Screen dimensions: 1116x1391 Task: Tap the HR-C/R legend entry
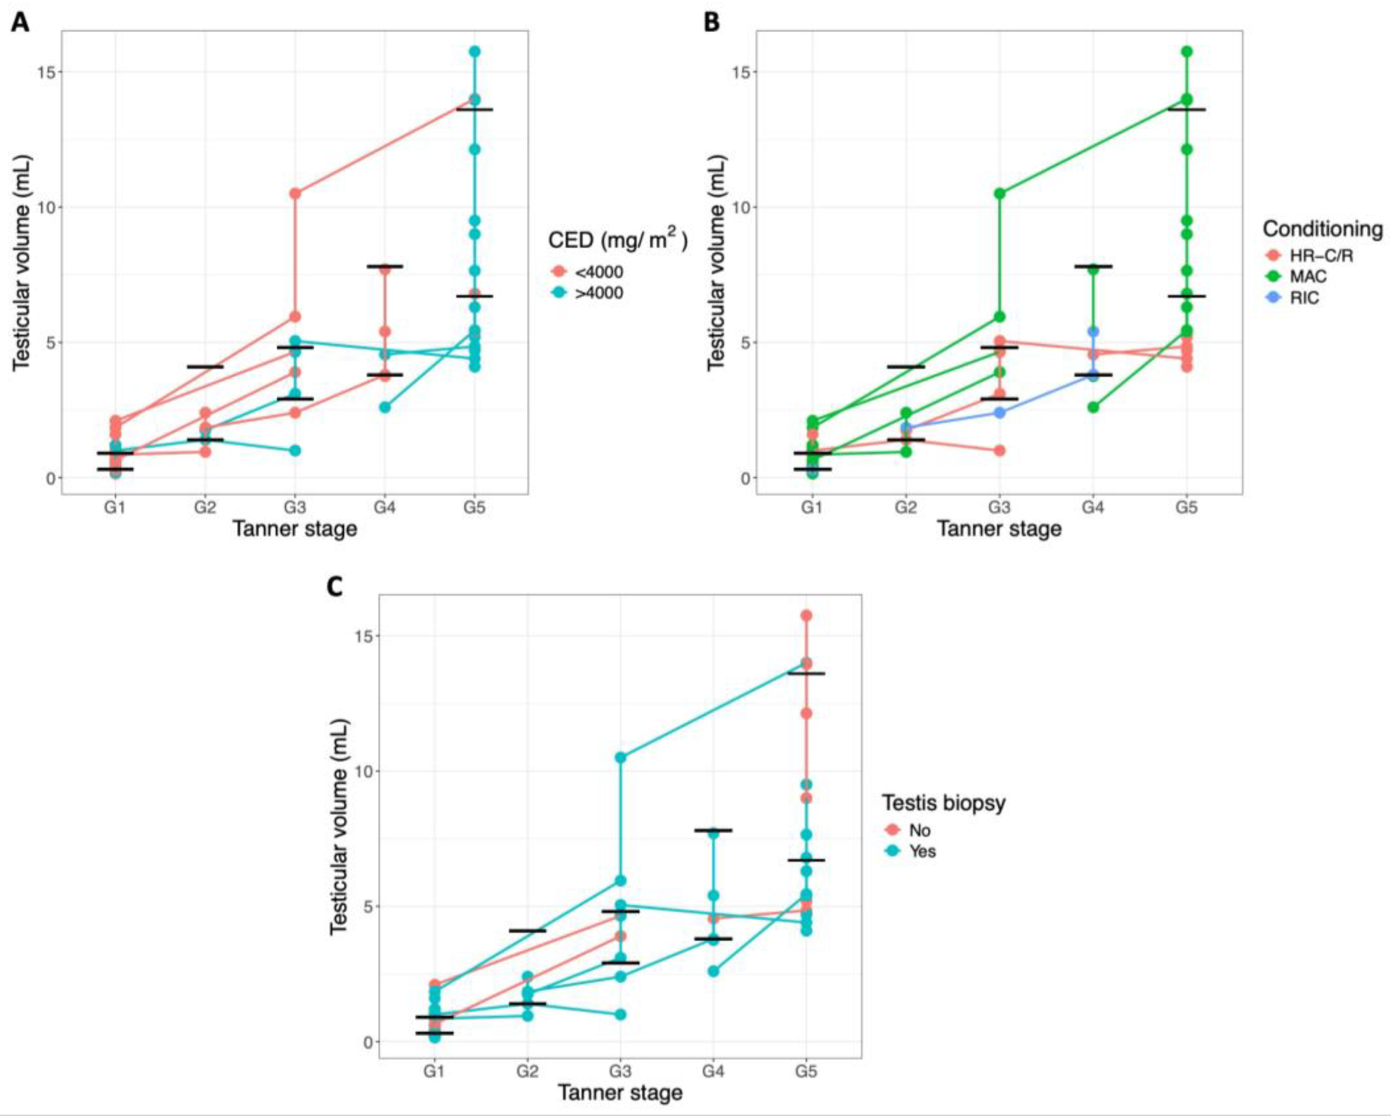tap(1303, 256)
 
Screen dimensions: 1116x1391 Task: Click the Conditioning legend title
tap(1322, 229)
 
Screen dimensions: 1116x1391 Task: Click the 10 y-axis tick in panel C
tap(364, 771)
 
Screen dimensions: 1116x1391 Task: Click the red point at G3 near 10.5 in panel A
tap(295, 193)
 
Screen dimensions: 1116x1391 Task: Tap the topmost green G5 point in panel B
tap(1186, 52)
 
